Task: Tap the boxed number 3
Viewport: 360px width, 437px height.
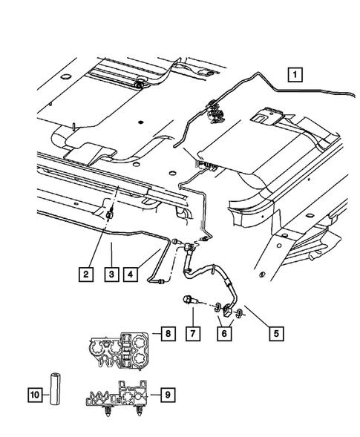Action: [x=111, y=275]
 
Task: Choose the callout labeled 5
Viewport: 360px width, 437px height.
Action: [x=275, y=333]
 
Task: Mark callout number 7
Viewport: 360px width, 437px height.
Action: [x=192, y=333]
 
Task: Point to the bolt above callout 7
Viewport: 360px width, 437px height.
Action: [x=189, y=301]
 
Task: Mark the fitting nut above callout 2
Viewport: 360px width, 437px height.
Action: [x=110, y=214]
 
